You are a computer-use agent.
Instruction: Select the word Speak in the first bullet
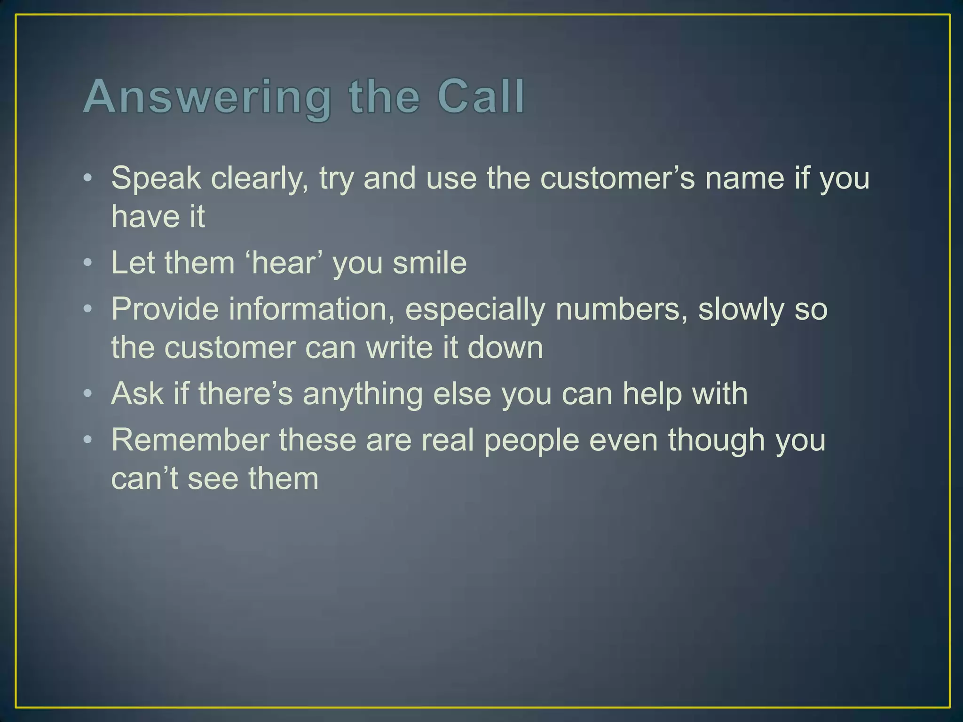pyautogui.click(x=156, y=179)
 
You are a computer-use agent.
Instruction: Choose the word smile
pyautogui.click(x=430, y=262)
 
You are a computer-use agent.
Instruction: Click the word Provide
pyautogui.click(x=165, y=309)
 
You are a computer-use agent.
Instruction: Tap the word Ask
pyautogui.click(x=137, y=393)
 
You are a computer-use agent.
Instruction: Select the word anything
pyautogui.click(x=363, y=394)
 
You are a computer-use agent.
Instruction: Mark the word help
pyautogui.click(x=652, y=393)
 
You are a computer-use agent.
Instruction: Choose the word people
pyautogui.click(x=531, y=441)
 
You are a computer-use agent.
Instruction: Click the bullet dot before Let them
pyautogui.click(x=88, y=263)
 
